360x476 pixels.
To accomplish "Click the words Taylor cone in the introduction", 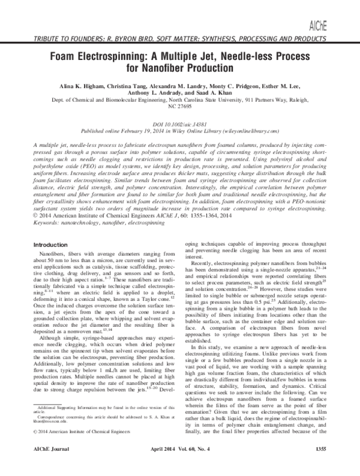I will point(151,330).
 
